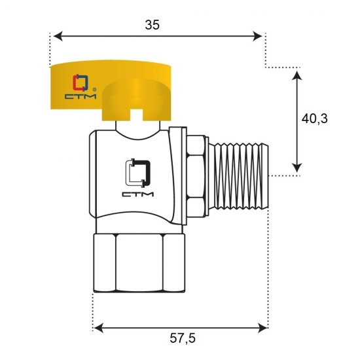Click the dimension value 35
[x=152, y=25]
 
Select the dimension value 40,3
[x=314, y=119]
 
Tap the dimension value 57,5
[x=183, y=338]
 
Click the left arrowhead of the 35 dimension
[x=58, y=36]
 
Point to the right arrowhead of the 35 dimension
[x=257, y=36]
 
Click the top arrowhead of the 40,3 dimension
[x=297, y=75]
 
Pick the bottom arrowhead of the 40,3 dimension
[x=297, y=168]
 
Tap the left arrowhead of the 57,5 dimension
[x=99, y=328]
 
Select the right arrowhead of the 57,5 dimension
[x=263, y=328]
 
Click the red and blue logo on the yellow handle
[x=80, y=82]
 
